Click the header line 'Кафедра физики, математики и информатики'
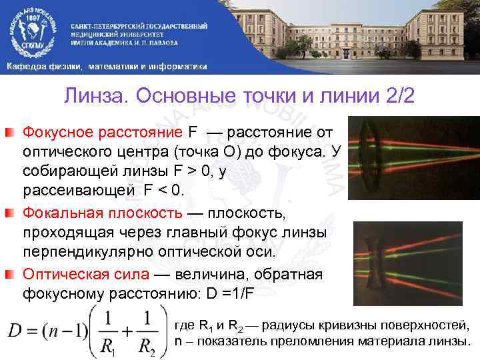coord(107,66)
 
